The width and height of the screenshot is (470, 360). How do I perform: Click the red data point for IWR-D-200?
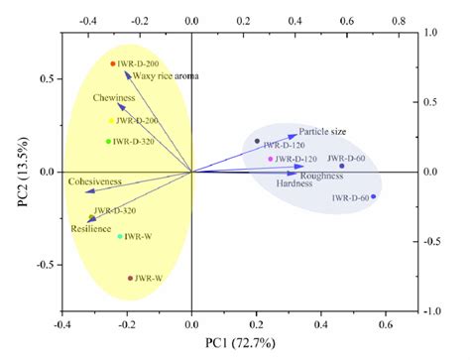113,63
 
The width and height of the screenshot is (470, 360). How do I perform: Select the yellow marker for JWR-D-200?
112,121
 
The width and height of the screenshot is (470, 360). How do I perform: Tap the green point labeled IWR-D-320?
109,141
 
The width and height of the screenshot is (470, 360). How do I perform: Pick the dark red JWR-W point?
130,279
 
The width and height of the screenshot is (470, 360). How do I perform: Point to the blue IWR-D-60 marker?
373,196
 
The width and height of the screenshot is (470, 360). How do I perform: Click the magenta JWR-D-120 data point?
271,159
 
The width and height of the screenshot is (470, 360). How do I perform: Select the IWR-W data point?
120,236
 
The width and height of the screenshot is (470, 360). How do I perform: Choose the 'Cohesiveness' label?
95,182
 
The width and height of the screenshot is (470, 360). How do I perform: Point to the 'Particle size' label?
327,132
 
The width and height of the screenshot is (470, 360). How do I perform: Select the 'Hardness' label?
295,185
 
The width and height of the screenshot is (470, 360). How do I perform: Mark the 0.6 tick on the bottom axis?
385,323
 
